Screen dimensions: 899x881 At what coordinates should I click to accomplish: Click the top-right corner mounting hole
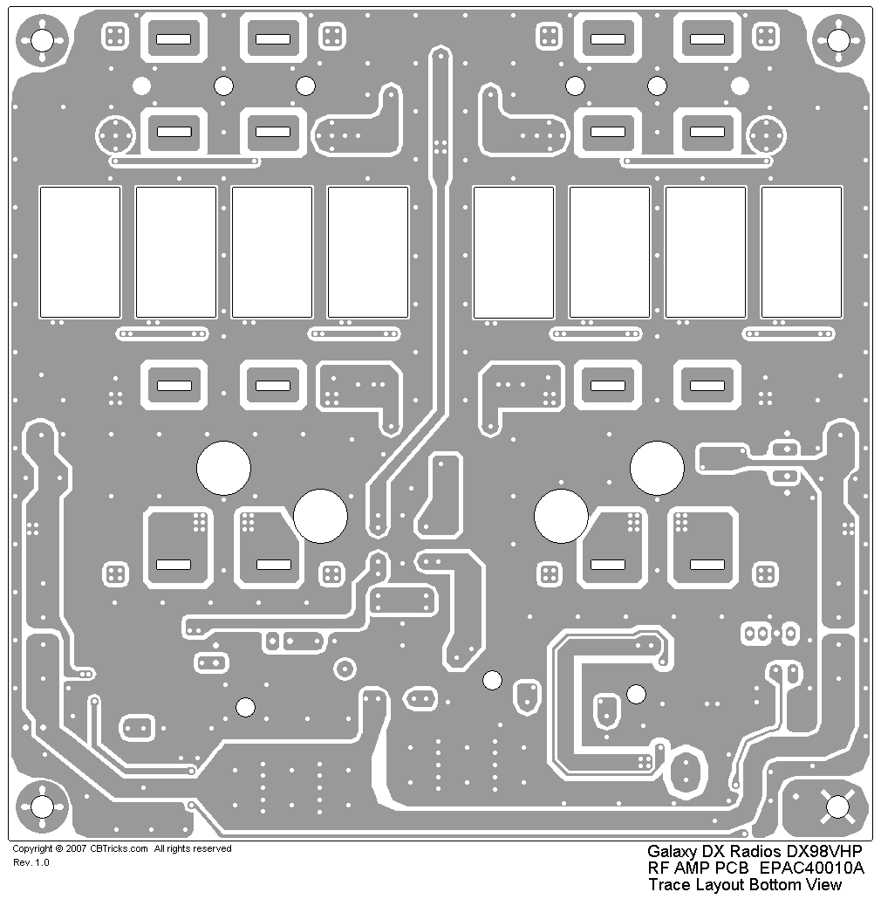click(x=838, y=39)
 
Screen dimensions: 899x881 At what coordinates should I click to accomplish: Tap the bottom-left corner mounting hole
click(x=42, y=806)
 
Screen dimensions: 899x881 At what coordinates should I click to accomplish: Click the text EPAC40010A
click(x=811, y=868)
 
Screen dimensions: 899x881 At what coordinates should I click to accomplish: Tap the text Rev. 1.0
click(x=31, y=862)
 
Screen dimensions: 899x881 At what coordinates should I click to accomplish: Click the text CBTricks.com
click(x=119, y=848)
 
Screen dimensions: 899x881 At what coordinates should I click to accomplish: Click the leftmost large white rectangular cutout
click(x=80, y=251)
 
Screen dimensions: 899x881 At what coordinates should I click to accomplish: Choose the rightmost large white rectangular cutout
click(x=802, y=251)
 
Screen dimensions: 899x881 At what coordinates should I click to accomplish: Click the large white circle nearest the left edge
click(x=223, y=468)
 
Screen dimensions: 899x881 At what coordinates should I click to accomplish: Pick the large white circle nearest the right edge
click(x=657, y=468)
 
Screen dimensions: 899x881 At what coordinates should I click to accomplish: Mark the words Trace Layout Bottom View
click(x=744, y=884)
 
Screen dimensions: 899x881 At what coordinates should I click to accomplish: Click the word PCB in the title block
click(x=734, y=868)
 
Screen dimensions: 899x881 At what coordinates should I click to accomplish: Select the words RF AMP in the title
click(x=676, y=868)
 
